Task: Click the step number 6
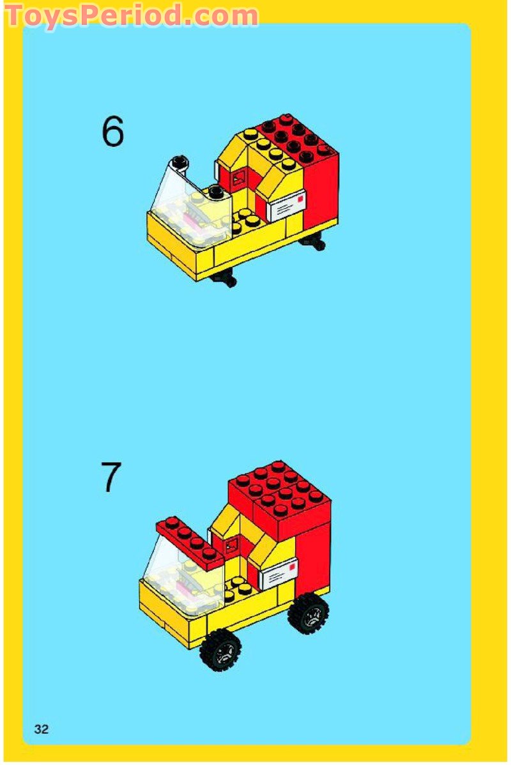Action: (112, 132)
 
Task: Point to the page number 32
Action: (42, 729)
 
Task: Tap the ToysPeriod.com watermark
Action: (132, 15)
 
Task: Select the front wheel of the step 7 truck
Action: (220, 649)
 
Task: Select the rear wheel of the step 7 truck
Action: (309, 614)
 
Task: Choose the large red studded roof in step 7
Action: (279, 495)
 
